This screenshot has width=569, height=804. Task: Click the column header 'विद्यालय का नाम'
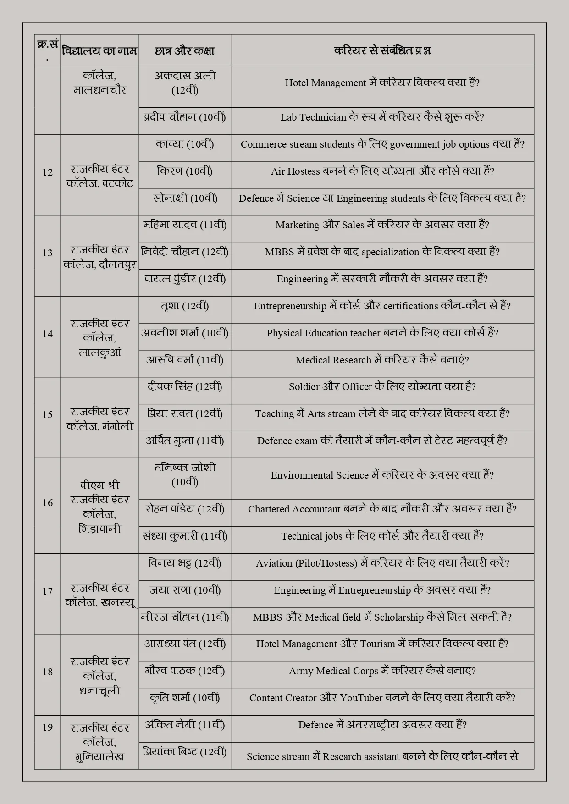point(99,50)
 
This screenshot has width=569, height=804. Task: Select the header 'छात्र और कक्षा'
point(185,50)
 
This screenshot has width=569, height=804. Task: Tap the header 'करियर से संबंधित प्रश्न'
point(382,50)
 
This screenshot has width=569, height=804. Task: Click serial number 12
point(48,172)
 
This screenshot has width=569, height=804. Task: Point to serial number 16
point(48,503)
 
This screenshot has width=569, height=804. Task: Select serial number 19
point(48,727)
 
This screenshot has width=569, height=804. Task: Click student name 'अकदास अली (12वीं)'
point(185,83)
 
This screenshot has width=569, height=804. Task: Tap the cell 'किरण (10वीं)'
point(185,171)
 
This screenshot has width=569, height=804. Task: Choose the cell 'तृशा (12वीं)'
point(185,306)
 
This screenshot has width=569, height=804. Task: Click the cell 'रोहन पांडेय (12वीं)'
point(185,509)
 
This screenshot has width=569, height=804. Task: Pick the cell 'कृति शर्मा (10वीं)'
point(185,698)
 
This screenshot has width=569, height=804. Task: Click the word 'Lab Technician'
point(313,117)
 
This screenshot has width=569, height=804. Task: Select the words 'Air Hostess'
point(295,171)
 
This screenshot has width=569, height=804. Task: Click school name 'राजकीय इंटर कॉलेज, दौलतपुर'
point(99,257)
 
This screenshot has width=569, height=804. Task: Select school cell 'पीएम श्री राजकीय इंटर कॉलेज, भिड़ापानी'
point(99,507)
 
